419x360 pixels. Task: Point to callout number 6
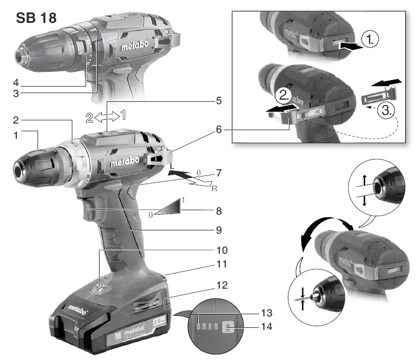pos(219,130)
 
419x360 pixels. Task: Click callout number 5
pos(218,101)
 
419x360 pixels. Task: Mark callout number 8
pos(219,210)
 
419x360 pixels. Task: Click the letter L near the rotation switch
pos(172,166)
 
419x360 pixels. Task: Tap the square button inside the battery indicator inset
pos(228,328)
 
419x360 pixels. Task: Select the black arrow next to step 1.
pos(349,47)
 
